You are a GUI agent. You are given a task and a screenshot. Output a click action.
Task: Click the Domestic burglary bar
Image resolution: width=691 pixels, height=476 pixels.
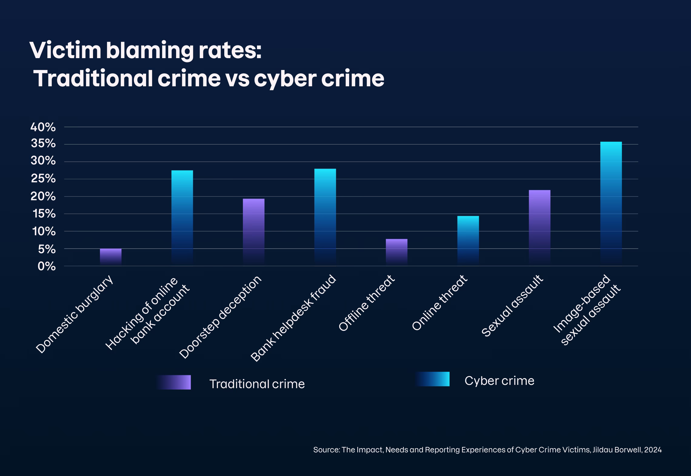click(111, 257)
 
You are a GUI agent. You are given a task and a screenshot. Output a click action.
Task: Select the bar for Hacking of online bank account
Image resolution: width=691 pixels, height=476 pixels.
click(182, 218)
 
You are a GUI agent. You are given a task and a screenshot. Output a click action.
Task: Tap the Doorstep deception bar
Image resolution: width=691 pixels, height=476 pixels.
click(254, 232)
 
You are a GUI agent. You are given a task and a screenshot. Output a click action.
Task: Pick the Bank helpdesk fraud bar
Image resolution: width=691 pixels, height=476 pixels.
click(325, 217)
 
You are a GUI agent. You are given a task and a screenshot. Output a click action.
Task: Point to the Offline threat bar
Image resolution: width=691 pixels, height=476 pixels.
click(396, 252)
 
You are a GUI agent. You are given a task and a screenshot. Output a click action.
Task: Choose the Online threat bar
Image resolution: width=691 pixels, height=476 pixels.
click(468, 241)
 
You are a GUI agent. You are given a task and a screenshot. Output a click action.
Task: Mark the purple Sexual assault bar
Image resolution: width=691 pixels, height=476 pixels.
click(539, 228)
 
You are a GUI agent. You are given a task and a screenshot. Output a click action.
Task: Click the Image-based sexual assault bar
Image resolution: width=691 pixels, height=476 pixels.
click(611, 204)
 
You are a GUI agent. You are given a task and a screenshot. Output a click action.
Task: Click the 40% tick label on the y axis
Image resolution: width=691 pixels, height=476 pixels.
click(43, 127)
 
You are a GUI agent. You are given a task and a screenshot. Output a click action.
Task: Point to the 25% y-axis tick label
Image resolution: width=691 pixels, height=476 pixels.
click(43, 179)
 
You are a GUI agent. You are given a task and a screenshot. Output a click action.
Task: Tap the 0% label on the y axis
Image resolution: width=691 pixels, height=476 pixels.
click(47, 267)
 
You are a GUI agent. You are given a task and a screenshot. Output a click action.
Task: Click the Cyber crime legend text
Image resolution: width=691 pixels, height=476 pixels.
click(499, 381)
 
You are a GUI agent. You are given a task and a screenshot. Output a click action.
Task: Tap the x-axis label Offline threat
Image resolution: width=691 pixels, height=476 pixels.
click(367, 303)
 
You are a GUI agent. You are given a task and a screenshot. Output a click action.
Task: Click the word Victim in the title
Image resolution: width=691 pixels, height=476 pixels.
click(65, 51)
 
